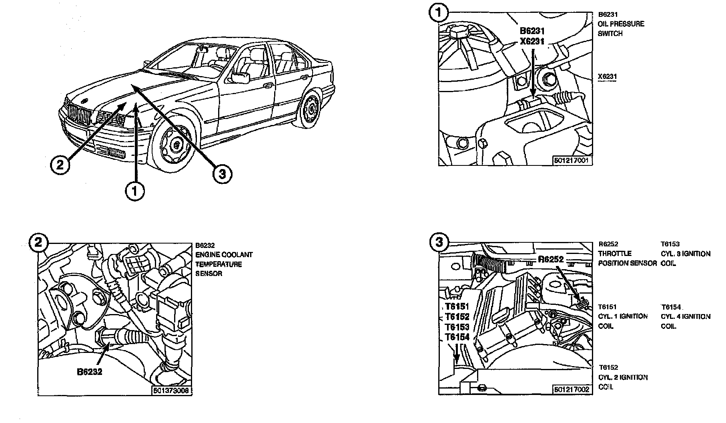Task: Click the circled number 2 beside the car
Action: point(60,165)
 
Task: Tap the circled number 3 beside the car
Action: point(223,174)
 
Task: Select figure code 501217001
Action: point(572,161)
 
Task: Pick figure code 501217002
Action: point(572,389)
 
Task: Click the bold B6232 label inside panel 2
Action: point(90,371)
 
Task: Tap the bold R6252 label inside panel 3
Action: point(551,259)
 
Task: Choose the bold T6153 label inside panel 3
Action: point(457,327)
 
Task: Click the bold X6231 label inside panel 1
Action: point(532,41)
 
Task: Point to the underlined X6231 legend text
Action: point(608,77)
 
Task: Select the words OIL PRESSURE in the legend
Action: point(621,24)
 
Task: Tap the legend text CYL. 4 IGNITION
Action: point(686,316)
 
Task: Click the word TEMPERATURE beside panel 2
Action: point(219,264)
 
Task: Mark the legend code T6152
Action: point(608,367)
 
